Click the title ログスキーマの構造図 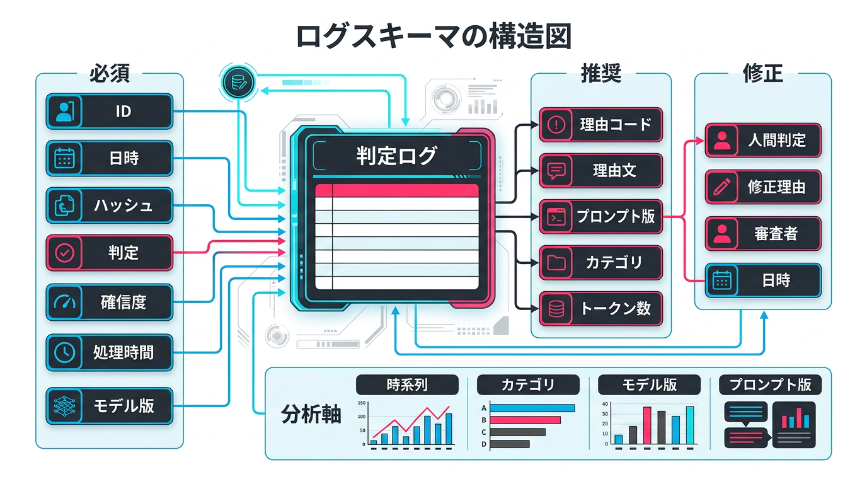point(433,36)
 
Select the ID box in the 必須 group point(109,112)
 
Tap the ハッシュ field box point(109,205)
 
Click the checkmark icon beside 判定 point(65,253)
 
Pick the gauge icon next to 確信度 point(65,302)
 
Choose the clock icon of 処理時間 point(65,352)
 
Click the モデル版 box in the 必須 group point(109,406)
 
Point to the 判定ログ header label point(396,155)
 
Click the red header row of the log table point(396,190)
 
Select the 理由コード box point(600,124)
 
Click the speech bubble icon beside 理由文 point(556,171)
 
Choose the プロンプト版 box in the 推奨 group point(600,217)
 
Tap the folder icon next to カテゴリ point(556,262)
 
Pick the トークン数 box point(600,309)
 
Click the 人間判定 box point(762,140)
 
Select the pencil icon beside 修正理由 point(721,187)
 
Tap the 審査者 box point(762,233)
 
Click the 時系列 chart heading point(407,384)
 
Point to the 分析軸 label point(311,415)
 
